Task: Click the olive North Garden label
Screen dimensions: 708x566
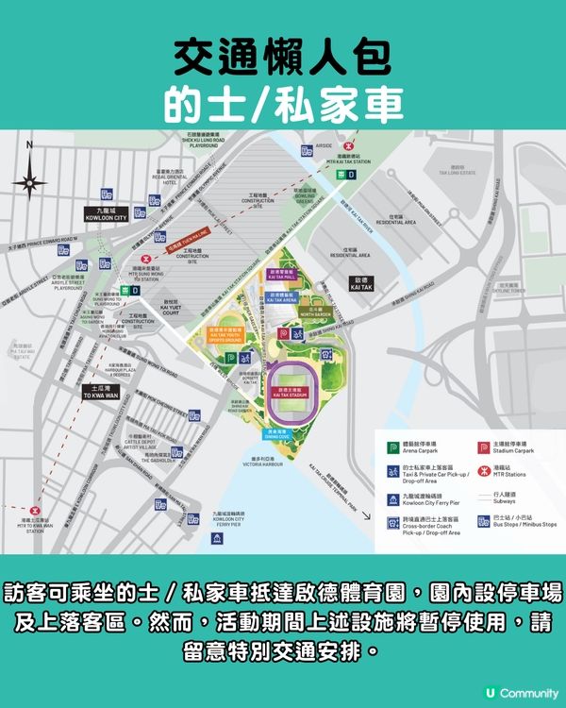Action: pyautogui.click(x=313, y=309)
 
